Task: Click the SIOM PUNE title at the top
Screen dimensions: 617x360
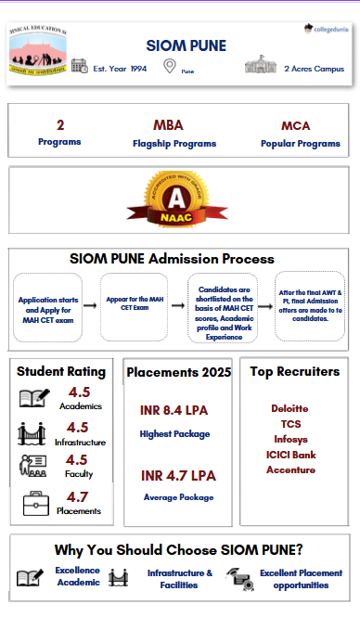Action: [186, 45]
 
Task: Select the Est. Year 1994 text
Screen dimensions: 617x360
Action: [121, 69]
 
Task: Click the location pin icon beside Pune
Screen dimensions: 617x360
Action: [169, 66]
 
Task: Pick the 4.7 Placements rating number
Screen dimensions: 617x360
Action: [77, 497]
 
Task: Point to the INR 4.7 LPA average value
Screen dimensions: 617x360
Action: [178, 476]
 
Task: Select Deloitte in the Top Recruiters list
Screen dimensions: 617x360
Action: [289, 408]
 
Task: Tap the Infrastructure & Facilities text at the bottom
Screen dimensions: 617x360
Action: [179, 579]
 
